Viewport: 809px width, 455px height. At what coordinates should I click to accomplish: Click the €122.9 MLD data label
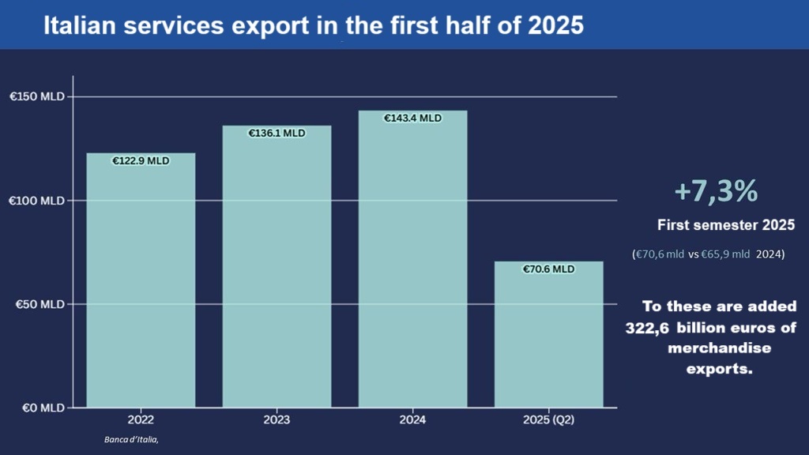[141, 160]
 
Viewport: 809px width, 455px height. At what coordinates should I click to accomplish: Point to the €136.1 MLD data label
[277, 133]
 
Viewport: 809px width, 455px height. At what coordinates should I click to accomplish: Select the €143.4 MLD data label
[412, 118]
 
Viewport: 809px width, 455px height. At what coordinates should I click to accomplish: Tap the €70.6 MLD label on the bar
[548, 269]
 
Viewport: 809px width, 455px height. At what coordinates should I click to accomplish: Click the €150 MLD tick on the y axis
[36, 97]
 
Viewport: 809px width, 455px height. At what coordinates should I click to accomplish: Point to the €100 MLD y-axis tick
[36, 201]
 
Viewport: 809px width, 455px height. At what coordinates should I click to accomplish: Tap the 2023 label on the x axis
[277, 421]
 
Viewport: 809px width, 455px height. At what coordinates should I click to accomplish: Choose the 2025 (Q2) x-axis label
[548, 421]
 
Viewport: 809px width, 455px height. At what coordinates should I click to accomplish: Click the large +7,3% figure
[716, 191]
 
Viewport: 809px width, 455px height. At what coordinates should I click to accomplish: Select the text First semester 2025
[725, 226]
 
